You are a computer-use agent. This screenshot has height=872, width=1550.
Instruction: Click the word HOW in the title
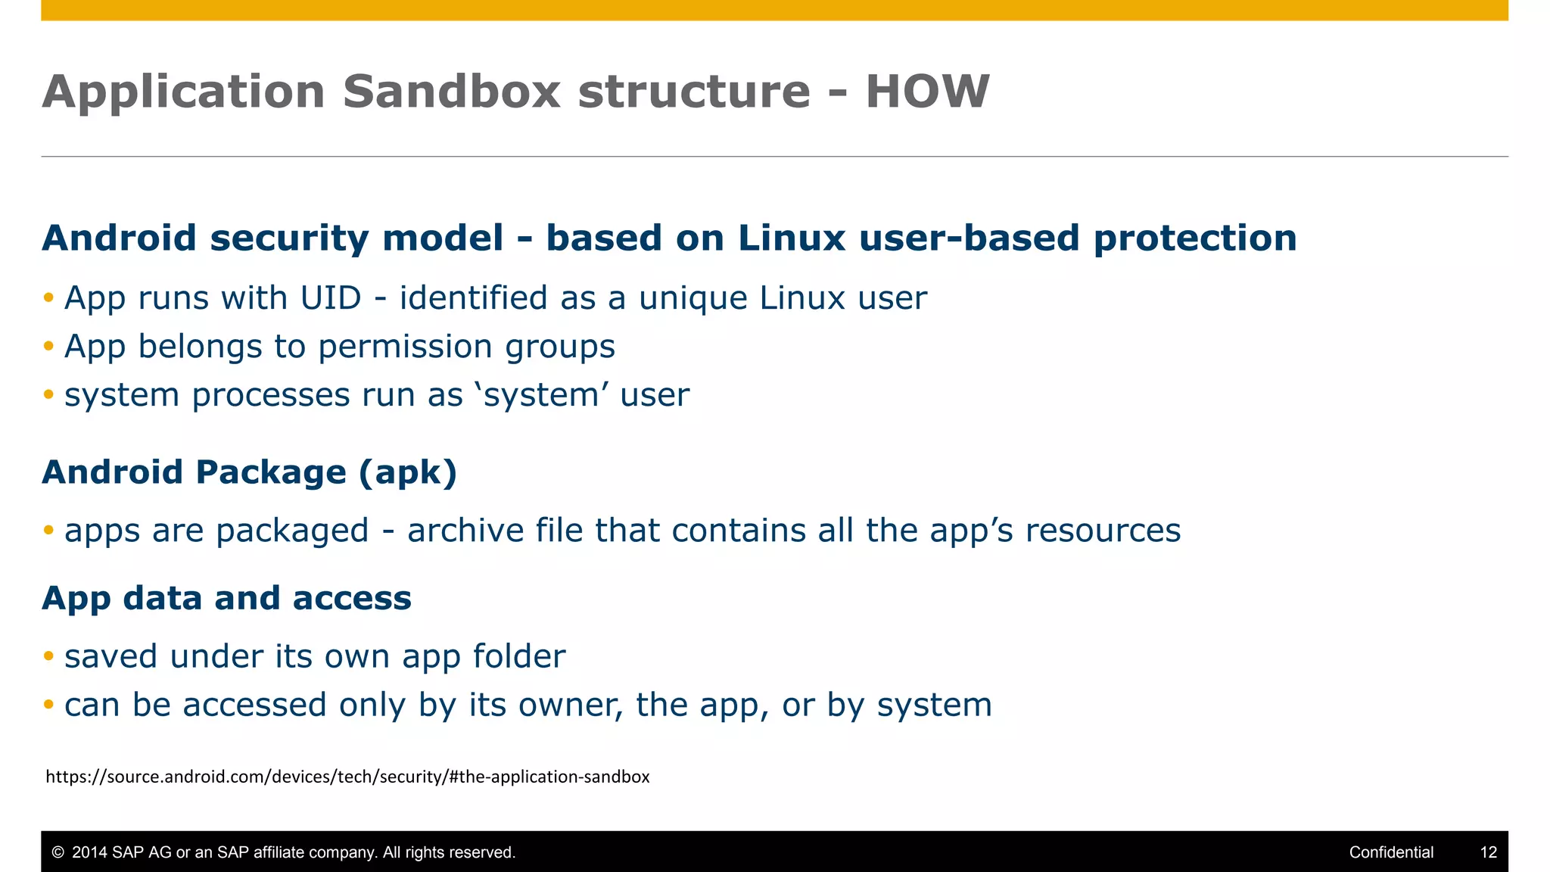(927, 92)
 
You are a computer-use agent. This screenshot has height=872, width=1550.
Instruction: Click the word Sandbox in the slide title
(451, 92)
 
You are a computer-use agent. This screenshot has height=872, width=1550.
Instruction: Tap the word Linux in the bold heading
(792, 238)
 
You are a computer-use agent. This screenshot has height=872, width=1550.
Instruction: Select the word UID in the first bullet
(331, 298)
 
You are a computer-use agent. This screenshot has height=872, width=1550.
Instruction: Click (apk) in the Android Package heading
(408, 472)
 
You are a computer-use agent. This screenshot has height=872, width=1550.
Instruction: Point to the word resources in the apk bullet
(1103, 531)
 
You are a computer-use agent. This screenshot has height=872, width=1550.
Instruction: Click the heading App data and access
(227, 598)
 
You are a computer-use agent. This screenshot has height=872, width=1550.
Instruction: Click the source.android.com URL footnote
(347, 777)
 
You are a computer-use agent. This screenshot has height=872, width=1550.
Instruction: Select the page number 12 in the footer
(1488, 852)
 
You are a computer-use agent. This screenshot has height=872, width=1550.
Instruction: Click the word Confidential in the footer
(1391, 852)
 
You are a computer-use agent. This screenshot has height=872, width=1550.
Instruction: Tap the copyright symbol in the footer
(58, 852)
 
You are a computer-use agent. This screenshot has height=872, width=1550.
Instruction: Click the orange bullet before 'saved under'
(48, 656)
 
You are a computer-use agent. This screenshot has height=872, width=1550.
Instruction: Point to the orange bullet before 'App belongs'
(48, 346)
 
